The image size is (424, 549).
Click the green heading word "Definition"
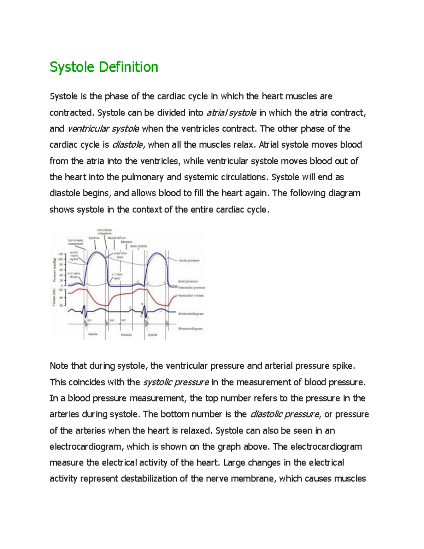point(128,67)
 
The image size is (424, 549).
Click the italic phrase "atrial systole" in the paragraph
point(231,113)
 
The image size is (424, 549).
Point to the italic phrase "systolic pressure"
point(176,382)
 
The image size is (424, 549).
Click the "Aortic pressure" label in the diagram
point(189,260)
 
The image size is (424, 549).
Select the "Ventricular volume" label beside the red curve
point(191,296)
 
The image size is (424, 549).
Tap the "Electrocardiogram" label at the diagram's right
point(191,314)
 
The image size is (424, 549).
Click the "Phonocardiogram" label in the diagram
point(190,328)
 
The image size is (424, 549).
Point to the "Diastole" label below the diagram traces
point(126,335)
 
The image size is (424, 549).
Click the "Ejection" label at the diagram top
point(94,238)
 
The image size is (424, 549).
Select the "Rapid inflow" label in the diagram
point(117,238)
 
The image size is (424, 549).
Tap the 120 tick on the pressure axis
point(60,254)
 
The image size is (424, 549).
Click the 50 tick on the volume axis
point(61,305)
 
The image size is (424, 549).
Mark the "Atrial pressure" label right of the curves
point(188,281)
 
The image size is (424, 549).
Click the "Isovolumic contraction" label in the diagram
point(76,242)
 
